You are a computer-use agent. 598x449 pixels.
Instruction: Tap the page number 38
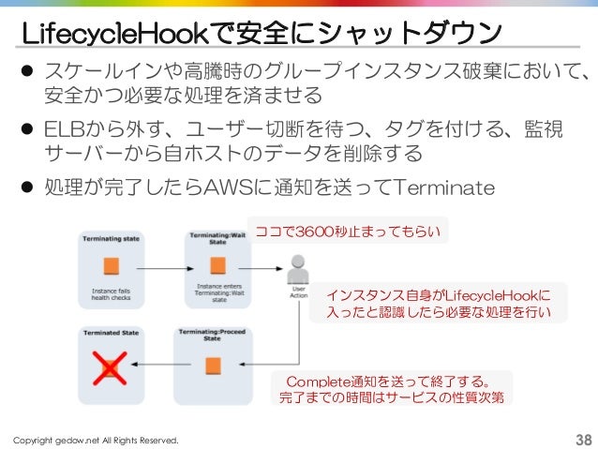pos(582,440)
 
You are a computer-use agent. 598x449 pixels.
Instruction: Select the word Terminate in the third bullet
pos(445,189)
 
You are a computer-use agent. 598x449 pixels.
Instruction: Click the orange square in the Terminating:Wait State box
pos(216,265)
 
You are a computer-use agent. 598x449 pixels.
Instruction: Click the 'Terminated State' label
pos(112,333)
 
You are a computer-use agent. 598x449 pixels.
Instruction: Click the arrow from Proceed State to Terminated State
pos(161,364)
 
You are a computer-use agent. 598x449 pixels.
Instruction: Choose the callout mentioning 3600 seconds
pos(348,231)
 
